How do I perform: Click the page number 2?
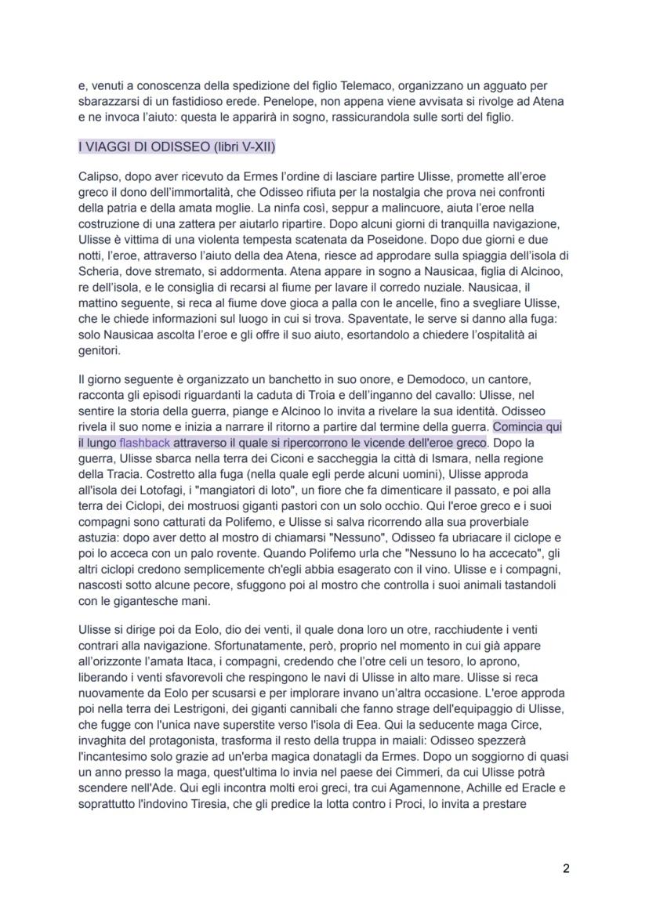[565, 868]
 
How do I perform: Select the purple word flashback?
[144, 443]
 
